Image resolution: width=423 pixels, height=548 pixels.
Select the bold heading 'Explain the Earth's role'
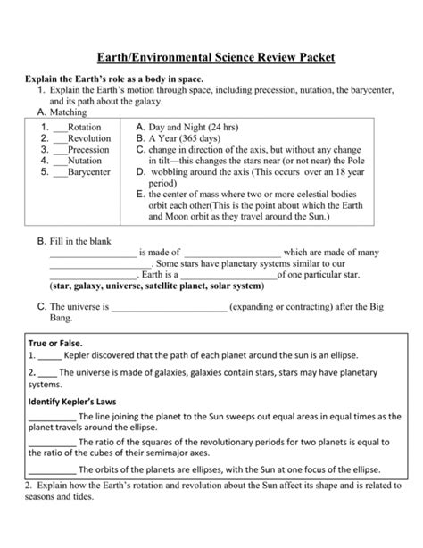(120, 80)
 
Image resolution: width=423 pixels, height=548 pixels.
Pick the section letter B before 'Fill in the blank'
(42, 239)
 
